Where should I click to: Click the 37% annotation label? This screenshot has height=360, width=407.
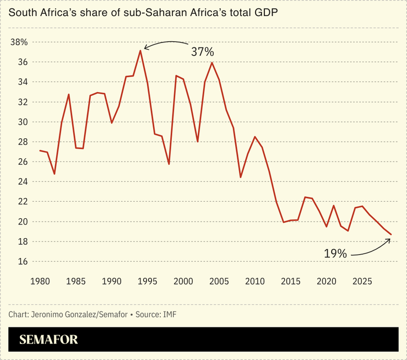[x=202, y=52]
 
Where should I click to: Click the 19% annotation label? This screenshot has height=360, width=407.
[x=335, y=254]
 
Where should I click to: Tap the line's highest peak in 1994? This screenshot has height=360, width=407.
[x=140, y=51]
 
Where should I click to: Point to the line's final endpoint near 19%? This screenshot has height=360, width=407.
[x=391, y=235]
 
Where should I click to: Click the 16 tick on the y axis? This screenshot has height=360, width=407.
[x=23, y=261]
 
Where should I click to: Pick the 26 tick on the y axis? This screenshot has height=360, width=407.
[x=23, y=162]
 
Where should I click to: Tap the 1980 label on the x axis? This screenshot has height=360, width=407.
[x=40, y=281]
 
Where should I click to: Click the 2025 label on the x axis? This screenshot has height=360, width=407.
[x=362, y=281]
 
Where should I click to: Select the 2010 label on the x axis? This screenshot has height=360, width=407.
[x=254, y=281]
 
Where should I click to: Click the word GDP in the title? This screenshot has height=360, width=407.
[x=262, y=13]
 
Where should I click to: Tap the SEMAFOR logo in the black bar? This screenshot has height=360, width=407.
[x=48, y=340]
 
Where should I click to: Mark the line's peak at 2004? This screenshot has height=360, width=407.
[x=212, y=62]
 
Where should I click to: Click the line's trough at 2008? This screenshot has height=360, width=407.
[x=241, y=177]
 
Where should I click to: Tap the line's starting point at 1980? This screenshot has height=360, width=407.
[x=40, y=151]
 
